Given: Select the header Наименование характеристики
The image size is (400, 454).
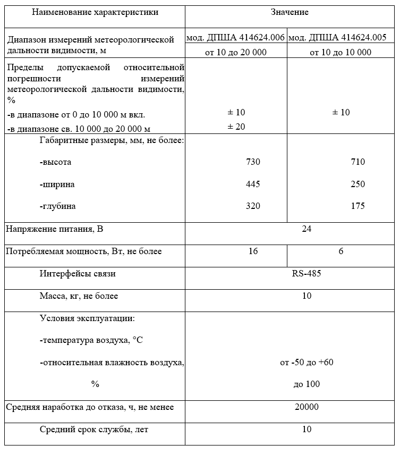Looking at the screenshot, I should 95,12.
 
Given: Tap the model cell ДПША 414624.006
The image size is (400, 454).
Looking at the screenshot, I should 236,38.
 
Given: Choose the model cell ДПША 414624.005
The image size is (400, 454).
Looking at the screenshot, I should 341,38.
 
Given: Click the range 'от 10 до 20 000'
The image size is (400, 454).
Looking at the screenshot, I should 236,52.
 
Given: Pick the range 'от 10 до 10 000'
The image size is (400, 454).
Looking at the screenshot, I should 341,52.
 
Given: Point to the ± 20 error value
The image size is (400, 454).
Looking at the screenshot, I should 236,127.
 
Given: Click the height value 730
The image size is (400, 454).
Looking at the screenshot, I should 253,162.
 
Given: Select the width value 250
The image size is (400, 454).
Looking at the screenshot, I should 358,184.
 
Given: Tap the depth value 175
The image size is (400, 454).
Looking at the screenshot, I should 358,206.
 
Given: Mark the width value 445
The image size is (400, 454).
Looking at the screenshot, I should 253,184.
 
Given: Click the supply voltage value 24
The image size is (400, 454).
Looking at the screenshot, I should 307,229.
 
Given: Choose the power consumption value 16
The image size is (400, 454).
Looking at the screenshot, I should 253,251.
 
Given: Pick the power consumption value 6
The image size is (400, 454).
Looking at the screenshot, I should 341,251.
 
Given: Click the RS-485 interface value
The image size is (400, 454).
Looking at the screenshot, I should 307,274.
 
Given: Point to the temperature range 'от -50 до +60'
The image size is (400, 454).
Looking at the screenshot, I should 307,363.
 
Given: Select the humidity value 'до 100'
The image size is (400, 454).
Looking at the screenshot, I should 307,384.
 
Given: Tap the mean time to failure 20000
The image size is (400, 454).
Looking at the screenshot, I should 307,407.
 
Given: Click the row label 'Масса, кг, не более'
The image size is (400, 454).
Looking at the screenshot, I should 79,296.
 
